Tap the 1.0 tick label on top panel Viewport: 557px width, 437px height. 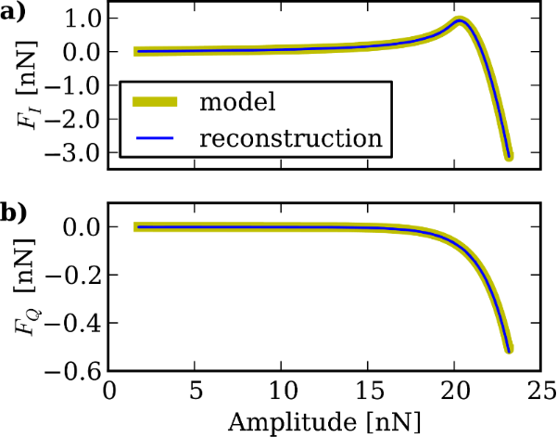(79, 18)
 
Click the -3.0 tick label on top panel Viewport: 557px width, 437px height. (74, 152)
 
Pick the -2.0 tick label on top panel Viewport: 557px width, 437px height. (74, 119)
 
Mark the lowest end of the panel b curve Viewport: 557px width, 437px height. (508, 349)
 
